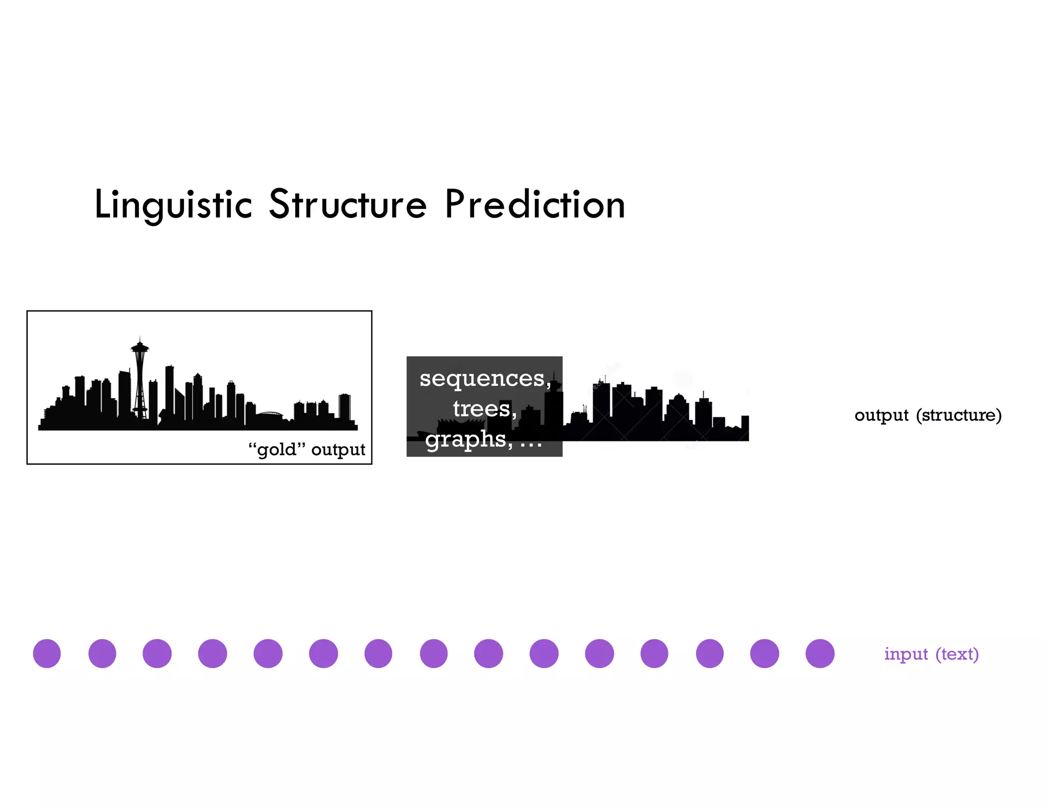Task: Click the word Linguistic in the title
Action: click(174, 204)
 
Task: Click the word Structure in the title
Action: click(347, 204)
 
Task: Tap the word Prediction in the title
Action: click(535, 204)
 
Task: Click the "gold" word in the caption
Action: click(276, 449)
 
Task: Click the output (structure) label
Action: click(928, 415)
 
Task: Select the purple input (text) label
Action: click(931, 654)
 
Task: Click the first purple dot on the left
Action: click(47, 653)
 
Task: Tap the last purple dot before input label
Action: click(820, 653)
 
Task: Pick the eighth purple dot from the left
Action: click(434, 653)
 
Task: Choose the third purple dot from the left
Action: click(157, 653)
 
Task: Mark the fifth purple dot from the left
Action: click(268, 653)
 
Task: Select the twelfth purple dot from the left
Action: click(654, 653)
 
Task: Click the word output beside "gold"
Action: click(338, 449)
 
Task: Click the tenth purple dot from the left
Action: click(544, 653)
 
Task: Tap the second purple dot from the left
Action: click(102, 653)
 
